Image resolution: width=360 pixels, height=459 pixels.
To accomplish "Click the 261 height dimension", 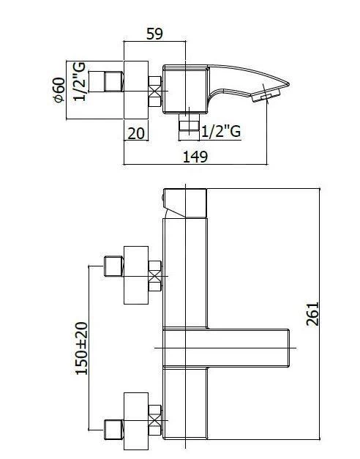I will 312,314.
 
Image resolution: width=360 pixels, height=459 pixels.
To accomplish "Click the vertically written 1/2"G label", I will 80,81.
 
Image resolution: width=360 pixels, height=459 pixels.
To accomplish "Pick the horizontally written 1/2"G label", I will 220,132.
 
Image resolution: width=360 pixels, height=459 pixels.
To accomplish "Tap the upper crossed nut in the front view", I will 155,275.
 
